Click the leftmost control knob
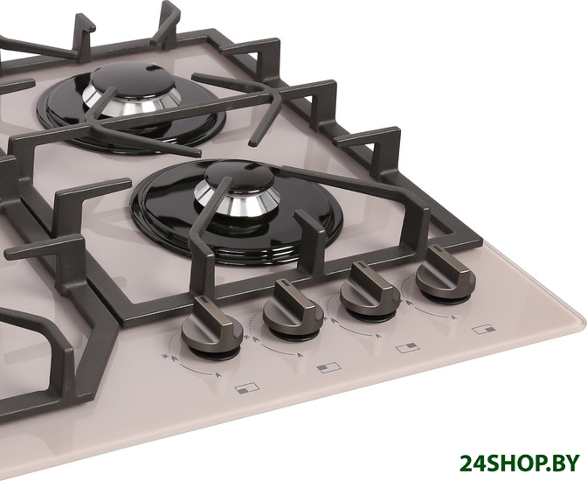pyautogui.click(x=212, y=327)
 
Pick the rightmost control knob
pyautogui.click(x=445, y=274)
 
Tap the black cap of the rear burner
pyautogui.click(x=133, y=78)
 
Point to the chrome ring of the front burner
pyautogui.click(x=237, y=201)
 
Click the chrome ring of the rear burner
pyautogui.click(x=131, y=101)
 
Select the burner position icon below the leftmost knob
pyautogui.click(x=246, y=387)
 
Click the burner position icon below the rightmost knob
pyautogui.click(x=484, y=330)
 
